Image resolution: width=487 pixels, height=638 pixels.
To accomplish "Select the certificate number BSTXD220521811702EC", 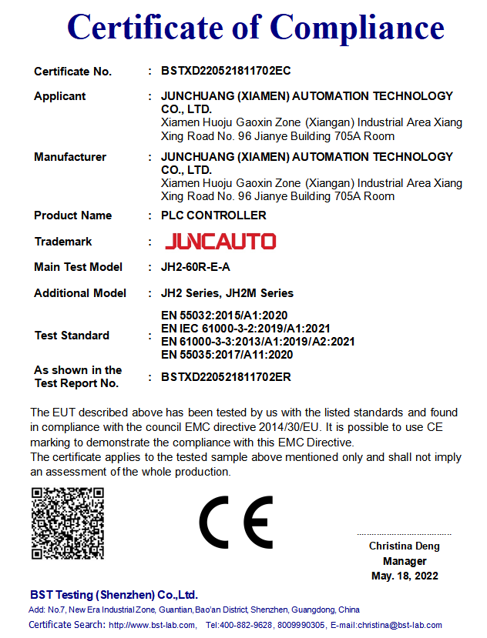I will tap(226, 71).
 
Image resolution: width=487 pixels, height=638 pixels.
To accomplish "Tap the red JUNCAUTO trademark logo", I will tap(220, 242).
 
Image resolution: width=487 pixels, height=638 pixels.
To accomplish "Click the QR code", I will tap(67, 523).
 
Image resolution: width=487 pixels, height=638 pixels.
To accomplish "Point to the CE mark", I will tap(236, 522).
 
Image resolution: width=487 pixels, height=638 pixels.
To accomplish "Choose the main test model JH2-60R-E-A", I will tap(196, 267).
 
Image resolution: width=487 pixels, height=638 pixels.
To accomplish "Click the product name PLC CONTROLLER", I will tap(213, 215).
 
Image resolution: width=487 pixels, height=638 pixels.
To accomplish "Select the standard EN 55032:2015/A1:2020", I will tap(223, 315).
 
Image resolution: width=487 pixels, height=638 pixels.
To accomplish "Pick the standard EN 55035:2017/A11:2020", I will tap(227, 355).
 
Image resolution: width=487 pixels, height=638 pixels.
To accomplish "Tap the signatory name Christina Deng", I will tap(405, 546).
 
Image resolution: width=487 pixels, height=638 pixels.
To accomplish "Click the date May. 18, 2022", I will tap(405, 576).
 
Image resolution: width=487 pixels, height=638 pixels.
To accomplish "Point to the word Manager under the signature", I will tap(405, 561).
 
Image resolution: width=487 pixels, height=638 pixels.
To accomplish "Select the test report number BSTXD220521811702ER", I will tap(226, 377).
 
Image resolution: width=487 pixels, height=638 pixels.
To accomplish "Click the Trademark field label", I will tap(63, 242).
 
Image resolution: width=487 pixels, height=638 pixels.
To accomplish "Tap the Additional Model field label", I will tap(80, 293).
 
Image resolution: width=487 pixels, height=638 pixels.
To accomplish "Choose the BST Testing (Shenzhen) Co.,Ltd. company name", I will tap(114, 595).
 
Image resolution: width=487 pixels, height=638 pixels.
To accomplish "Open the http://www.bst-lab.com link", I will tap(151, 625).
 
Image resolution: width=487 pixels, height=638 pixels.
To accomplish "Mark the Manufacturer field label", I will tap(70, 157).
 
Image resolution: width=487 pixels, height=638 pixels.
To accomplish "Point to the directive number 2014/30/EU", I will tap(284, 426).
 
